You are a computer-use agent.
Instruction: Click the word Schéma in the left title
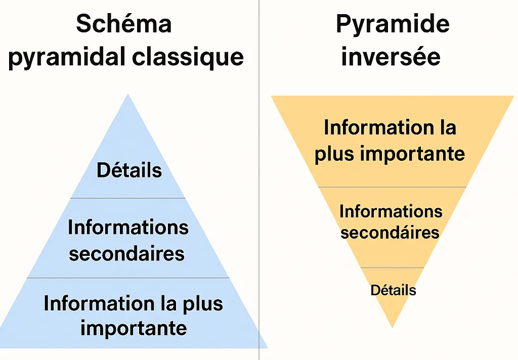(x=123, y=24)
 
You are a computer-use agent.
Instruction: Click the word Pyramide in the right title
(x=393, y=24)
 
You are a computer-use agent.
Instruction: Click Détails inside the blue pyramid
(x=129, y=170)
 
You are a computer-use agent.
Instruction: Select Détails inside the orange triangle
(x=393, y=290)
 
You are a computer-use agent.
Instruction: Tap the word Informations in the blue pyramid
(x=128, y=228)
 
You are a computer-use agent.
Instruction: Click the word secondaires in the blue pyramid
(x=126, y=253)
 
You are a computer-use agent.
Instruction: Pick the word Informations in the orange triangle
(x=391, y=211)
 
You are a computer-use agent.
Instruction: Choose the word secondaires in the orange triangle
(x=390, y=233)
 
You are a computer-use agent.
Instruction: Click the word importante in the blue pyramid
(x=134, y=328)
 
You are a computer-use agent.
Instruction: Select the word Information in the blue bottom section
(x=94, y=303)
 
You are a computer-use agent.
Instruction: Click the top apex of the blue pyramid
(x=128, y=95)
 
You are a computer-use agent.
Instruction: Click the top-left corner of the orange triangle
(x=273, y=97)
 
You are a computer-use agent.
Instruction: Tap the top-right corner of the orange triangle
(x=512, y=97)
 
